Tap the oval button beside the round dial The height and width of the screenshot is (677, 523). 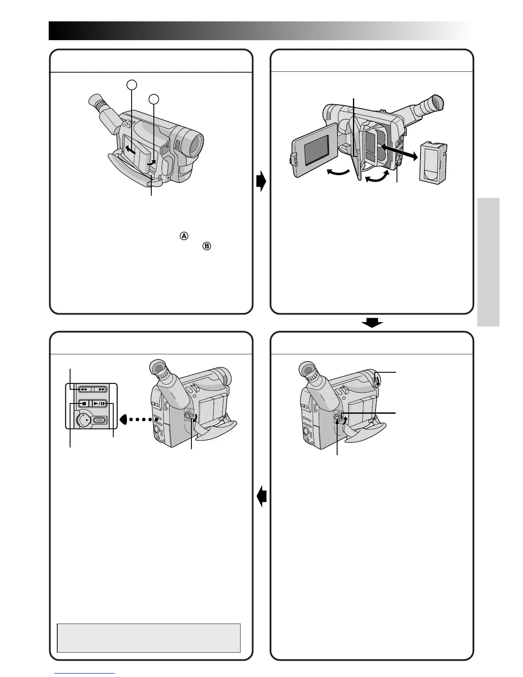(x=100, y=420)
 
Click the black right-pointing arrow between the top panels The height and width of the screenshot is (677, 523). (x=261, y=182)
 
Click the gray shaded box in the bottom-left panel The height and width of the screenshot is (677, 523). (x=149, y=637)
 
